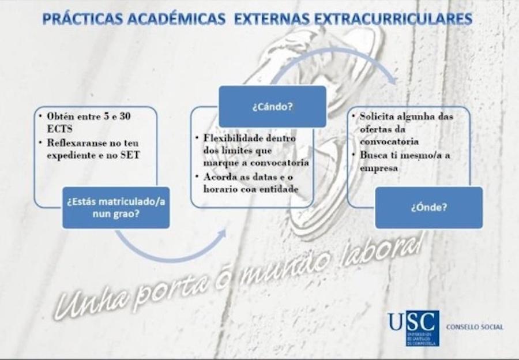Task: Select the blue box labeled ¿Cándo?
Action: pyautogui.click(x=272, y=106)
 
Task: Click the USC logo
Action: pyautogui.click(x=413, y=328)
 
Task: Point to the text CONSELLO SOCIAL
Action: pyautogui.click(x=475, y=327)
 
